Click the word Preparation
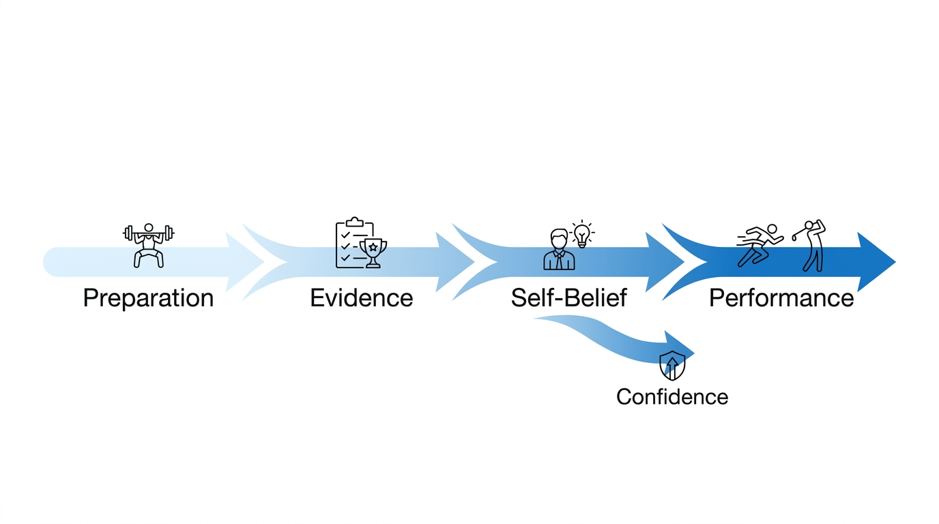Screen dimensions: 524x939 click(x=148, y=299)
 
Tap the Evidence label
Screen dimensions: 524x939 click(x=361, y=299)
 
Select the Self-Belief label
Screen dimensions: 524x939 click(x=568, y=299)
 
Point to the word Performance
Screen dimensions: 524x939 click(x=781, y=299)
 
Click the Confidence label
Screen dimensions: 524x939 click(x=671, y=397)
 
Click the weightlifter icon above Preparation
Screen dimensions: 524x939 click(x=149, y=246)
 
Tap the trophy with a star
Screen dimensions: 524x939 click(x=373, y=252)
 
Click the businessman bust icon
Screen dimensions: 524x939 click(x=559, y=250)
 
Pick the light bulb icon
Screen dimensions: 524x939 click(x=581, y=234)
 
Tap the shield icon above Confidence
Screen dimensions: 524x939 click(x=671, y=366)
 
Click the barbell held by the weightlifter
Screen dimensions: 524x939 click(x=149, y=233)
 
